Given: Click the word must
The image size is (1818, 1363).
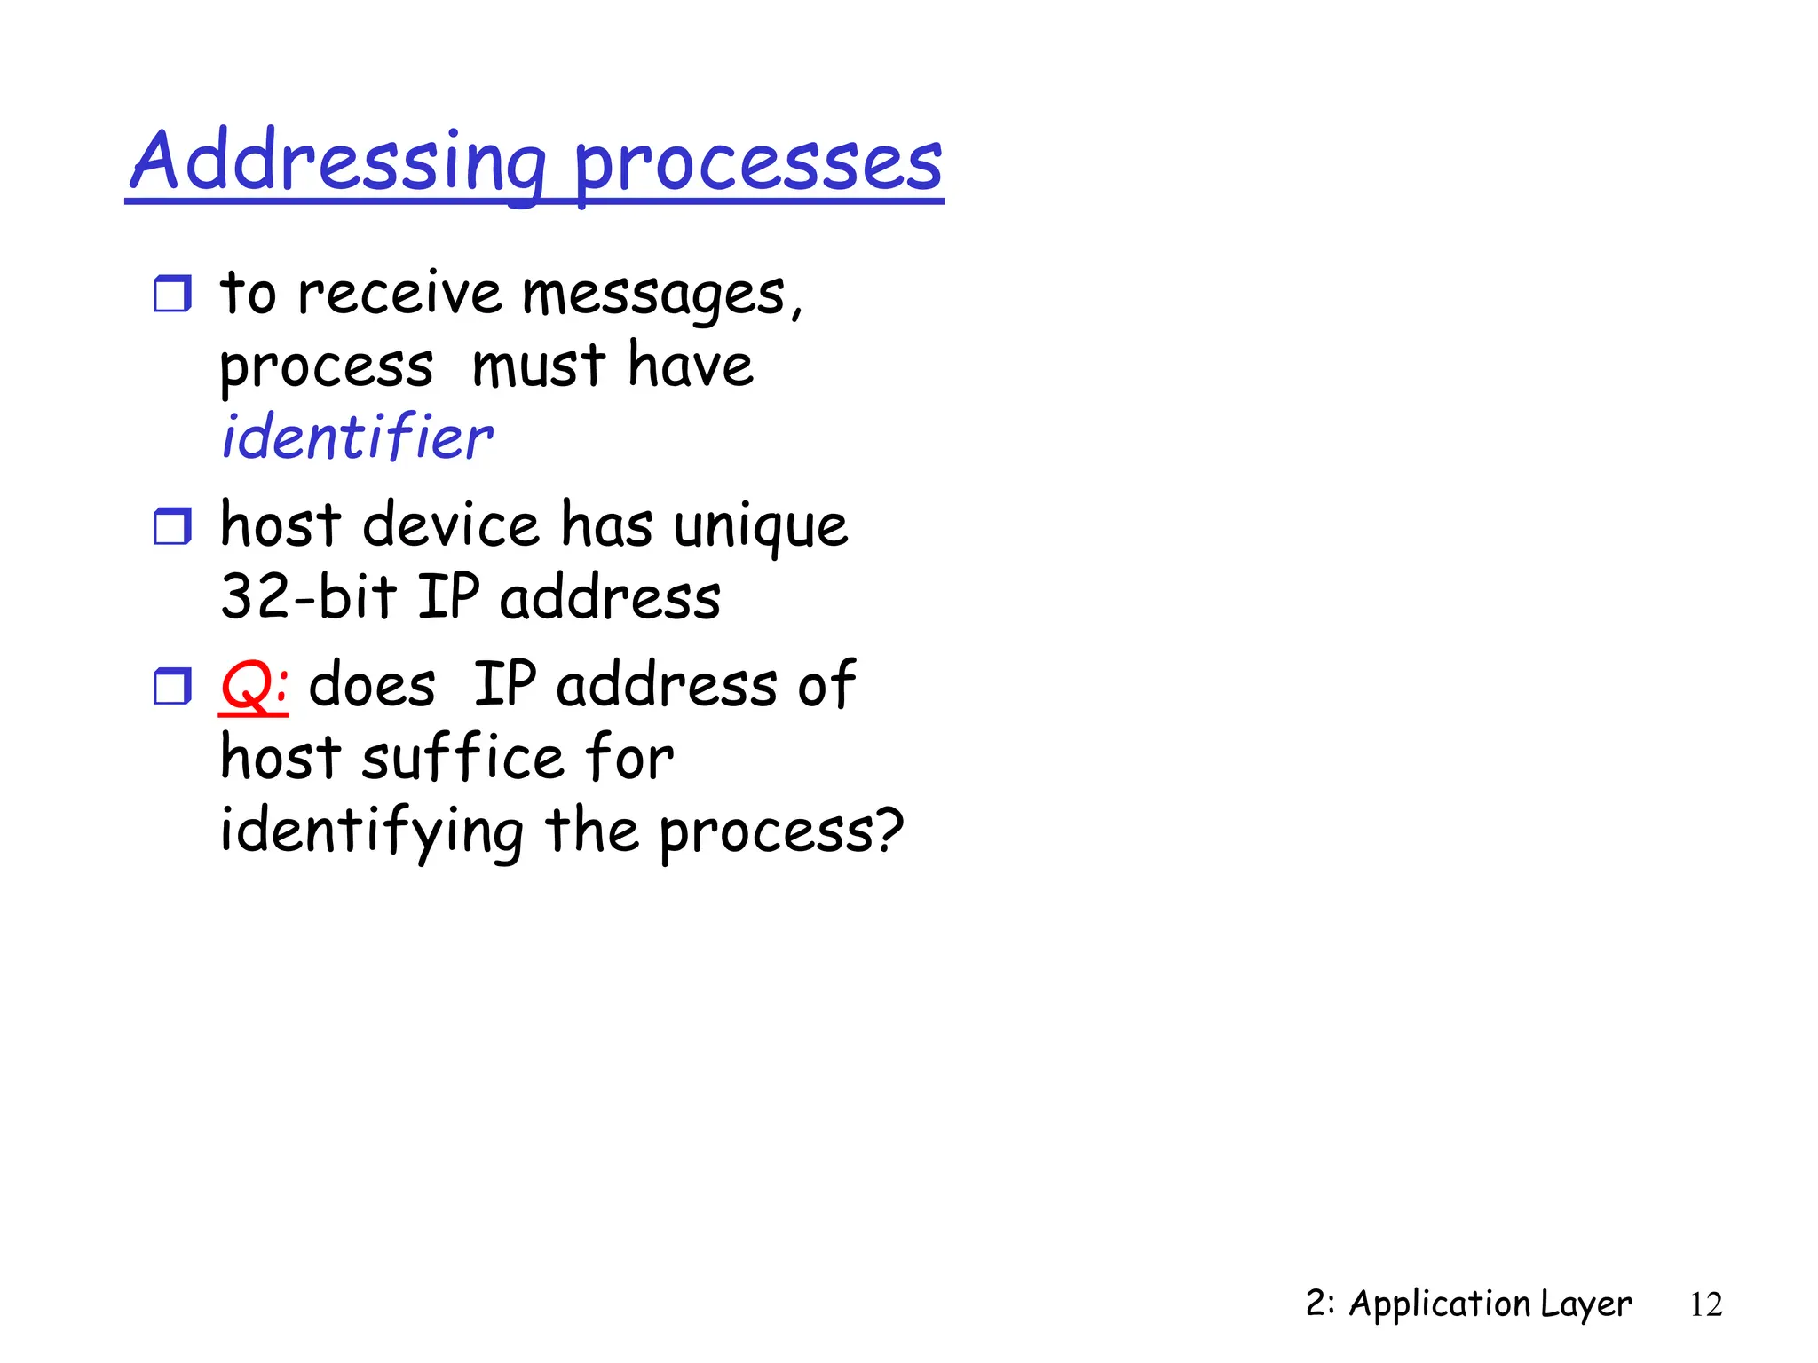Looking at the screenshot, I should click(539, 366).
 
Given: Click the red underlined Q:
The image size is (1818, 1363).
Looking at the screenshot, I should click(254, 685).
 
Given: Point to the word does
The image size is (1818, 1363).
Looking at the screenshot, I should click(372, 685).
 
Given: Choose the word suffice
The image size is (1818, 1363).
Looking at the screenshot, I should click(462, 758).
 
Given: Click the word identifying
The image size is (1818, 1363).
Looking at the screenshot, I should click(372, 831).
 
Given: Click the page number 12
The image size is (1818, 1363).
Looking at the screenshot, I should click(1705, 1304).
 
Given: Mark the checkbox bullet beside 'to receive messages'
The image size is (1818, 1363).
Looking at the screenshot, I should click(172, 294).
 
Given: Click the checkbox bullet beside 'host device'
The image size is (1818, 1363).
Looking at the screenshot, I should click(172, 526).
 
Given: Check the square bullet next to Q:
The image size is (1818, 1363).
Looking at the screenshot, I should click(172, 686).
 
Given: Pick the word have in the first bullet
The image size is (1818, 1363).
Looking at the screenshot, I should click(691, 366).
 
